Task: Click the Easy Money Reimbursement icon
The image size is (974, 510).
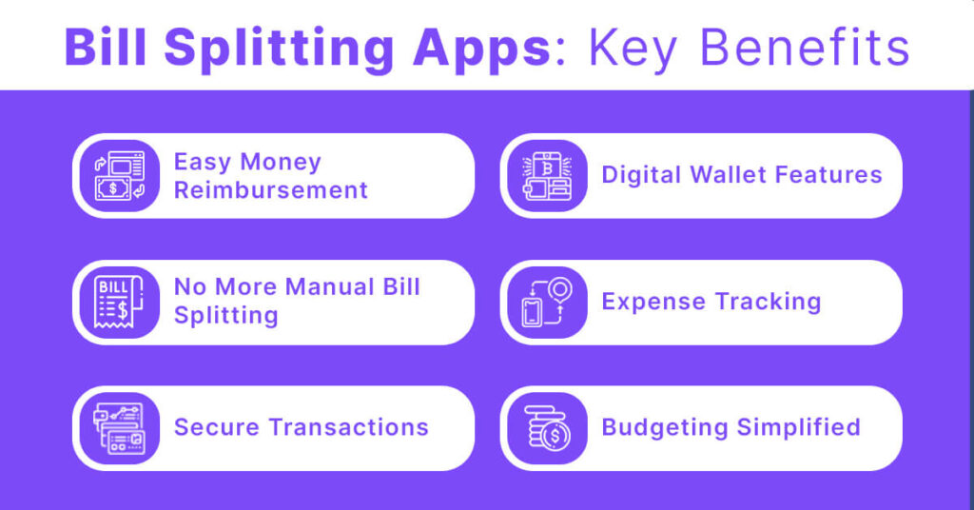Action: pos(119,176)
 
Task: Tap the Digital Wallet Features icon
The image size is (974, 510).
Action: pos(547,176)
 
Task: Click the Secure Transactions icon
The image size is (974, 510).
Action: pos(119,428)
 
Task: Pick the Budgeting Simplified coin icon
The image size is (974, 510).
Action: pos(547,428)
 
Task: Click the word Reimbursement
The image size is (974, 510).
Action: pos(271,189)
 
